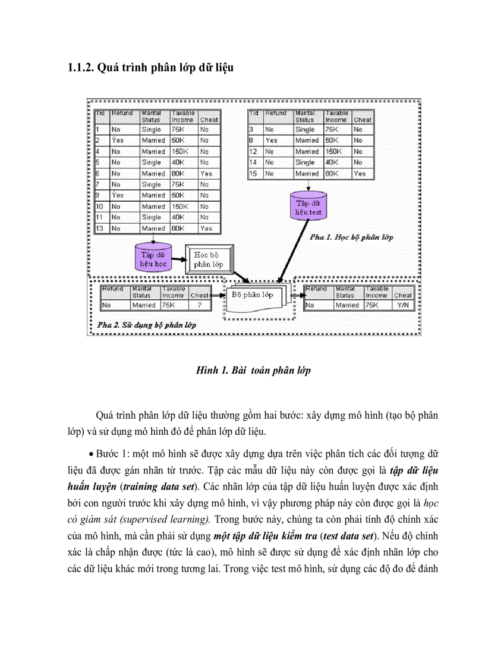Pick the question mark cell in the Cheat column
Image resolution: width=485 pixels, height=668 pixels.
(199, 305)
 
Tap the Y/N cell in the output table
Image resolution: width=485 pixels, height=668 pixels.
(402, 305)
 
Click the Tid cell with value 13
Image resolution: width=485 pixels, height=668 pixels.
(100, 228)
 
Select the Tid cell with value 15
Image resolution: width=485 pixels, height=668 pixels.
(253, 174)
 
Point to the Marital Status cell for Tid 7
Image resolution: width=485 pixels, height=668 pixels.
(152, 184)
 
